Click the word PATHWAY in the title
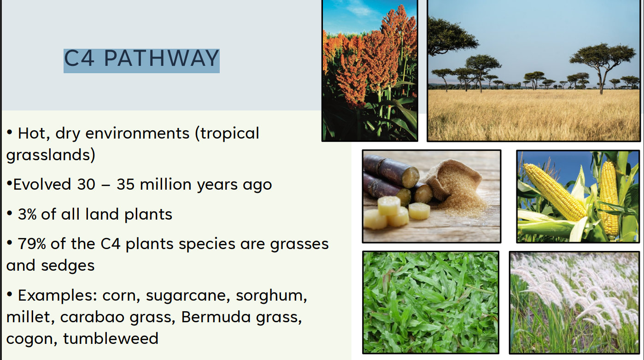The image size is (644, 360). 161,58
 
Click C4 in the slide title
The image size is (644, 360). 79,58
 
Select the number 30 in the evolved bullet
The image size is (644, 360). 86,184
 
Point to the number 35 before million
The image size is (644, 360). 125,184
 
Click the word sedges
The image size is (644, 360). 68,266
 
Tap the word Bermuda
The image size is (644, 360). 216,317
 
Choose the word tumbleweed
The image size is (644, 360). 111,338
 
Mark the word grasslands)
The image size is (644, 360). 51,155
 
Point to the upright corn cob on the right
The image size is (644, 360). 609,198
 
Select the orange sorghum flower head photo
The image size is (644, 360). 370,70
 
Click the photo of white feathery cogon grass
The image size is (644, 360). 574,302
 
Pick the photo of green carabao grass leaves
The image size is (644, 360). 431,302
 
